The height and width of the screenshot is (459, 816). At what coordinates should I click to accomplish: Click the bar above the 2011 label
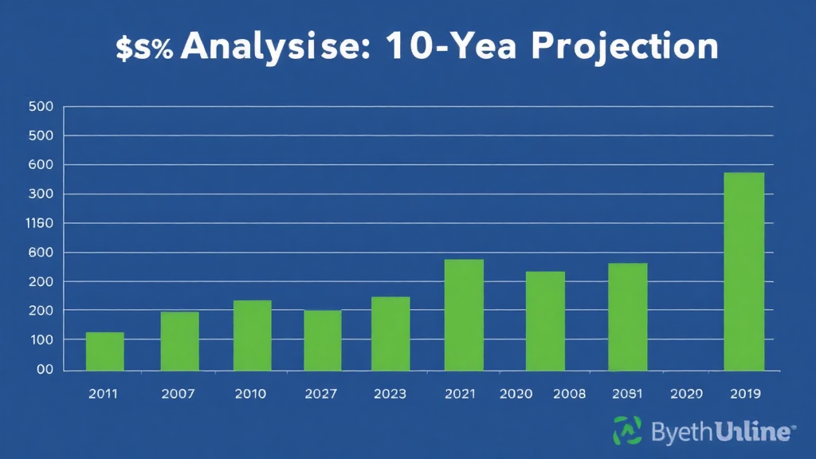pos(105,351)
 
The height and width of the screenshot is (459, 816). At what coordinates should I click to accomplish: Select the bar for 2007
pos(179,341)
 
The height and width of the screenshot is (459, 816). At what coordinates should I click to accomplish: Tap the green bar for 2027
pos(323,340)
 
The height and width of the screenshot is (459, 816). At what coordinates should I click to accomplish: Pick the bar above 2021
pos(464,315)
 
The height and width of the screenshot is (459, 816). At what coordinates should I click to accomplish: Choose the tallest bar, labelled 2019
pos(743,271)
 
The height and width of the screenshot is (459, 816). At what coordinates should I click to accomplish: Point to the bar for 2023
pos(390,333)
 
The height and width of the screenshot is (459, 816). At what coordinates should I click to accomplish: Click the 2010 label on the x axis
pos(251,394)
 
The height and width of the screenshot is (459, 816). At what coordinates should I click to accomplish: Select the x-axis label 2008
pos(569,394)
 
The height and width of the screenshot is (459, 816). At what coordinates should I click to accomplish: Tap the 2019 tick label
pos(744,394)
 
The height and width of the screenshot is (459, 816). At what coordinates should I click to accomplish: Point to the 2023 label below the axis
pos(389,394)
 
